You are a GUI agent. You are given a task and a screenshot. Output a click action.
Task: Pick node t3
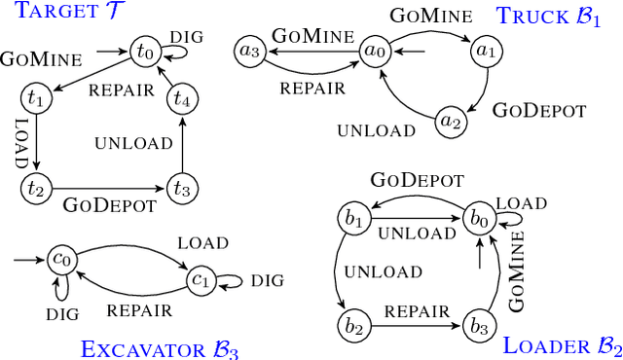point(182,188)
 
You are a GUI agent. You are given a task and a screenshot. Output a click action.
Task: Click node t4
point(182,97)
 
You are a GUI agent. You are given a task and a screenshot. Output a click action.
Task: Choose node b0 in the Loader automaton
point(478,219)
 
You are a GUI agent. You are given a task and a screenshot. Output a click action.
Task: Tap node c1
point(201,281)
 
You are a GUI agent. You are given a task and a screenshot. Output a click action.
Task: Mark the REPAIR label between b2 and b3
point(417,312)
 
